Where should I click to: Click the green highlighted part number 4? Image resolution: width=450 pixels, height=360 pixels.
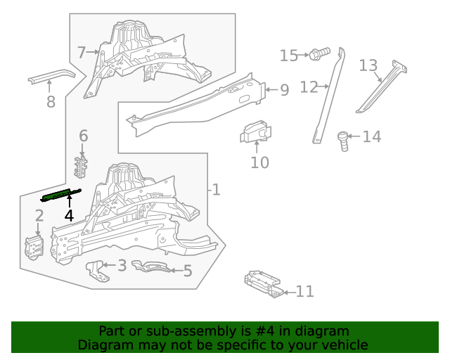[63, 194]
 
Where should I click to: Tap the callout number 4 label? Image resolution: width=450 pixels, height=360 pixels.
[69, 216]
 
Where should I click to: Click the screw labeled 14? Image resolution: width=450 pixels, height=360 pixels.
[344, 139]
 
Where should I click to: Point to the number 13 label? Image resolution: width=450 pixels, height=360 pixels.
[368, 65]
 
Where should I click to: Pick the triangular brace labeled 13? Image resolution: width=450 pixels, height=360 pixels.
[383, 87]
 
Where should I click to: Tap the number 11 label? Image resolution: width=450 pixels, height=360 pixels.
[304, 291]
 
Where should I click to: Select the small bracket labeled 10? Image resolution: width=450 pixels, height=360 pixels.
[256, 131]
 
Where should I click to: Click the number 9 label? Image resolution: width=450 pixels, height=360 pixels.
[284, 90]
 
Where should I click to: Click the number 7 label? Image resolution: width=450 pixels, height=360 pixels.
[82, 52]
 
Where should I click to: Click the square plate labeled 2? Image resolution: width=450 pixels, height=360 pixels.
[34, 247]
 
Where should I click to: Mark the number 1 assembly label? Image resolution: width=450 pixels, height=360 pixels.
[217, 189]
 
